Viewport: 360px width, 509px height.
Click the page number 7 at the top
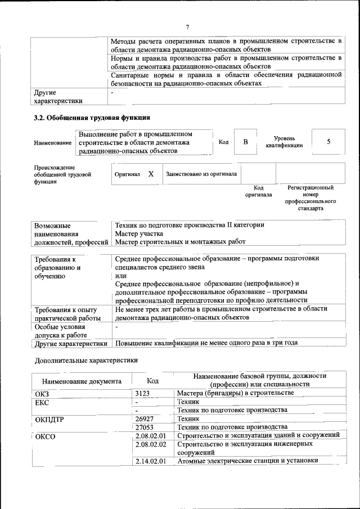coord(188,27)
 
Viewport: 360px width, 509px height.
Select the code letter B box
coord(245,142)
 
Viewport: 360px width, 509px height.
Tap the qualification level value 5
coord(328,142)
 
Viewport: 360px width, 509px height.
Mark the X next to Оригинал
coord(151,174)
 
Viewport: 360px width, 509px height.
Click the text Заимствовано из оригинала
coord(201,174)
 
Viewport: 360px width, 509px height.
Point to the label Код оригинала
coord(258,191)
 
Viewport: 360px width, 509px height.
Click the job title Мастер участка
coord(139,233)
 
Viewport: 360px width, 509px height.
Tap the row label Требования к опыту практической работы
coord(66,314)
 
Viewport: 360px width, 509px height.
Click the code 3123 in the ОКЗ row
coord(145,393)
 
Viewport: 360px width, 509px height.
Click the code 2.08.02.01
coord(152,436)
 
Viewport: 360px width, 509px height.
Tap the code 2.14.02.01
coord(152,461)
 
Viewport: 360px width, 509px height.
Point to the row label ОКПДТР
coord(49,420)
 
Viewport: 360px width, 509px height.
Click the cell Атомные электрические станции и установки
coord(247,461)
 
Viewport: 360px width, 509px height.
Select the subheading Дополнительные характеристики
coord(85,360)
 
